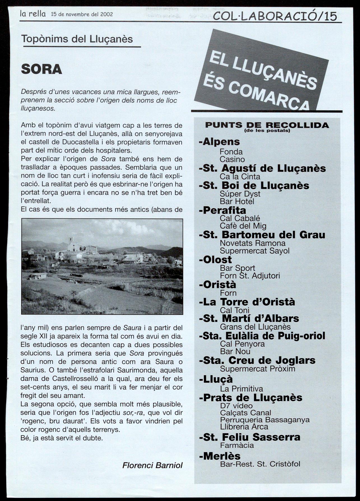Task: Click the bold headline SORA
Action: [41, 69]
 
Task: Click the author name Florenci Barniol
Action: [152, 465]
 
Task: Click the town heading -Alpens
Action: [219, 142]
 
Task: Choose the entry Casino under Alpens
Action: [232, 159]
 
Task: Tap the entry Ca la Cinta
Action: [240, 177]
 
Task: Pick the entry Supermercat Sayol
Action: [255, 251]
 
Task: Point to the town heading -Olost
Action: [215, 260]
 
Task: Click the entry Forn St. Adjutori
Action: [250, 276]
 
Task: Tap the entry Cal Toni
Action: [234, 310]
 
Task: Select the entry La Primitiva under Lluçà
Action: [241, 389]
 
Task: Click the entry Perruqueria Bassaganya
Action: [265, 420]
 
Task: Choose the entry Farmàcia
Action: [237, 445]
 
